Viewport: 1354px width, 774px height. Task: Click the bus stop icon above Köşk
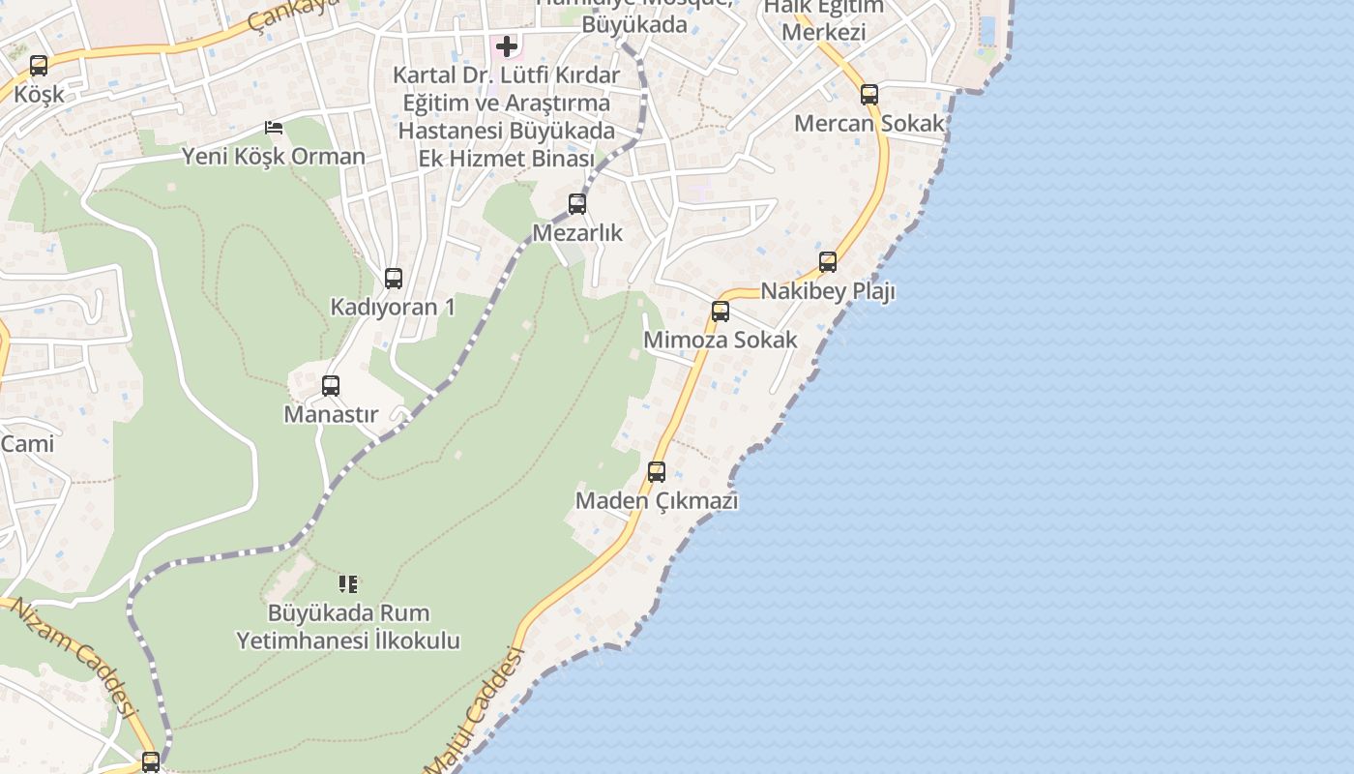coord(39,66)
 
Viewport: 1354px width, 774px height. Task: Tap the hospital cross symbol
coord(507,46)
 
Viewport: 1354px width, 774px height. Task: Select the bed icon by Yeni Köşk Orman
coord(274,128)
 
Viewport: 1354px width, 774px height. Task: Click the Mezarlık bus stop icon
coord(577,204)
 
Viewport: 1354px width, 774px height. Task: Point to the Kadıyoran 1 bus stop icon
coord(394,279)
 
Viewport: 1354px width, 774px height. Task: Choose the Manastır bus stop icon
coord(331,386)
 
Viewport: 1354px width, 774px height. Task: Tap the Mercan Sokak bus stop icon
coord(869,95)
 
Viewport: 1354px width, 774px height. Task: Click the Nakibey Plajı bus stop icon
coord(828,262)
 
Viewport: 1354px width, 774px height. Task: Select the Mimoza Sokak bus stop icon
coord(721,312)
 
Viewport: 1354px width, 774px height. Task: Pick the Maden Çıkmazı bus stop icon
coord(657,472)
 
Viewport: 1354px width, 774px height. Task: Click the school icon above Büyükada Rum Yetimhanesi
coord(348,584)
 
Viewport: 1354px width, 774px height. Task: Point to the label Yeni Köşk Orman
coord(274,156)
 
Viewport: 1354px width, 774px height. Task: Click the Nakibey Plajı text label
coord(828,291)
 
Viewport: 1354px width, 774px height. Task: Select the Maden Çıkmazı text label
coord(657,501)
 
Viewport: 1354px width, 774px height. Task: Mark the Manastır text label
coord(331,414)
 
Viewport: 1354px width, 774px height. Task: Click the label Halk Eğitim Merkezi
coord(823,20)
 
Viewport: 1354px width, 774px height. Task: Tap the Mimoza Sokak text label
coord(721,340)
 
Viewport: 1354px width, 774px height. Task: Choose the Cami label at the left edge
coord(27,444)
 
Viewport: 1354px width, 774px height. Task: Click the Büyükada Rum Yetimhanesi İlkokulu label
coord(348,627)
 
